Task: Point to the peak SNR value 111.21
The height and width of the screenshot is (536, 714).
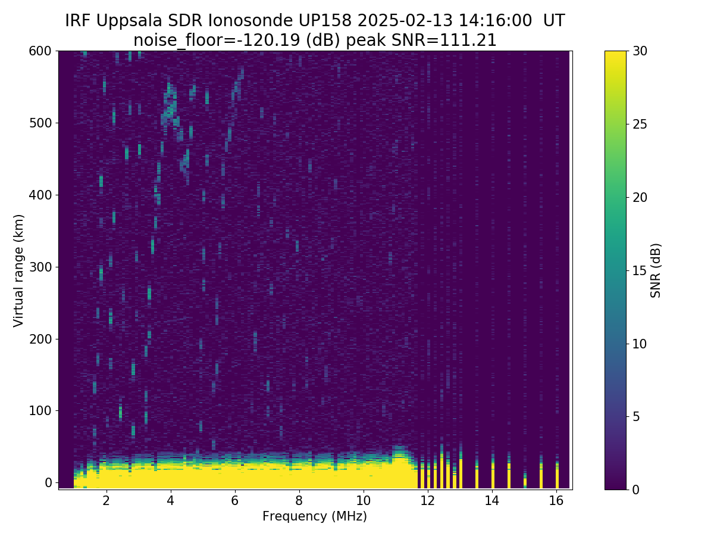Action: pyautogui.click(x=474, y=40)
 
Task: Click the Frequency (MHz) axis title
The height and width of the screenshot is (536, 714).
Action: pyautogui.click(x=315, y=516)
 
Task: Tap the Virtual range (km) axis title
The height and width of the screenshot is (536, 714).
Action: pyautogui.click(x=19, y=270)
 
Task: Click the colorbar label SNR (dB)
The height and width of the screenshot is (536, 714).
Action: pyautogui.click(x=656, y=270)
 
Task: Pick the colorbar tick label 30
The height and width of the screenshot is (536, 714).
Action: pyautogui.click(x=640, y=51)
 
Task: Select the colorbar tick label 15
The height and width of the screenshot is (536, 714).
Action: pyautogui.click(x=640, y=270)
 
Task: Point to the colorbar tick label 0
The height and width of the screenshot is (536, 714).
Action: pyautogui.click(x=637, y=490)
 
